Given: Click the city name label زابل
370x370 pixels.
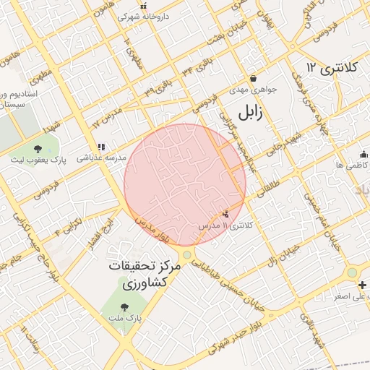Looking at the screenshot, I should (x=248, y=111).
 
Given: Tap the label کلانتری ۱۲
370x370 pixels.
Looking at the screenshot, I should (x=332, y=68).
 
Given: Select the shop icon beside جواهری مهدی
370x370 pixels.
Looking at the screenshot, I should (x=253, y=79).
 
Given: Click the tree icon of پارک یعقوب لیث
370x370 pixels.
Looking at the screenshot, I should (x=38, y=149).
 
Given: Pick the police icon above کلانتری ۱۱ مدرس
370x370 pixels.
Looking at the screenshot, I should (x=227, y=214).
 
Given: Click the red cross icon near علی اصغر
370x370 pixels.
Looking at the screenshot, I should (x=362, y=285).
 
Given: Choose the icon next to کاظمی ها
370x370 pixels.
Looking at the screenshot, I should (x=363, y=154).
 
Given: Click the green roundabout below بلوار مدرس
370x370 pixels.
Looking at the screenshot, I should (x=187, y=254).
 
